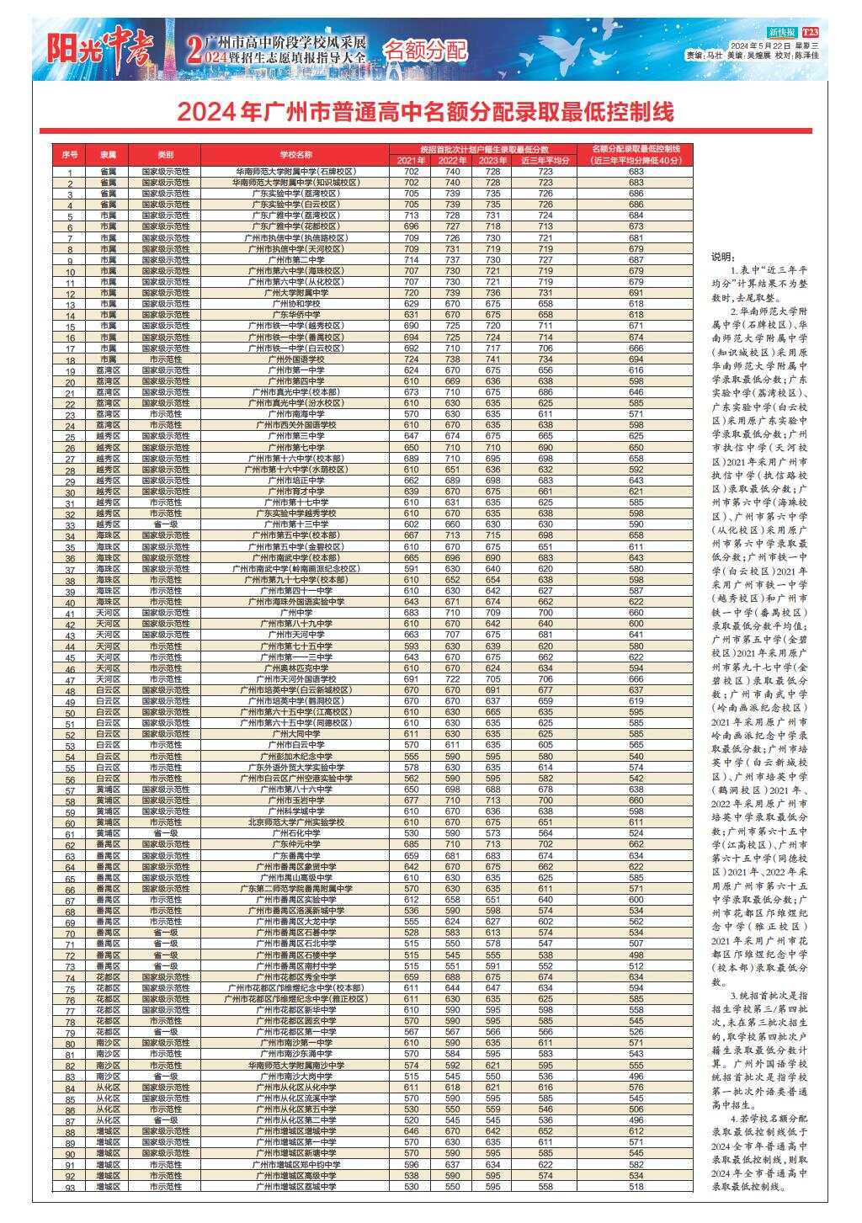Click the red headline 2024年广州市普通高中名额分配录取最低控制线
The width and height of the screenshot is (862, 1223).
point(425,112)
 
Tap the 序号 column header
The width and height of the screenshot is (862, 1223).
point(70,155)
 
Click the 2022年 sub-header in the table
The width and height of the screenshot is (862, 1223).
point(452,160)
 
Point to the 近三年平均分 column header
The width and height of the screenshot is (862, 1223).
point(545,160)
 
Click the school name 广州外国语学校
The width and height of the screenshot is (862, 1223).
point(295,359)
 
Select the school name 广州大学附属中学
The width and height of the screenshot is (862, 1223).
point(295,292)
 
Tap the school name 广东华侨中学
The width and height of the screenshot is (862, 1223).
point(295,314)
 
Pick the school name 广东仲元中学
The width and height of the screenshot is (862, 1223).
point(295,843)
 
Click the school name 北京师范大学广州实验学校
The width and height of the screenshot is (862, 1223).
point(295,822)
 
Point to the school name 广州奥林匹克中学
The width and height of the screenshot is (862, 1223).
point(295,667)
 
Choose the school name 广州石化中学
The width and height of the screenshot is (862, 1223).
point(295,832)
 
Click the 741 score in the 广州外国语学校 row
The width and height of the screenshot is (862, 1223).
point(492,359)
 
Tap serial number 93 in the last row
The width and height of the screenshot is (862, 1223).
point(70,1187)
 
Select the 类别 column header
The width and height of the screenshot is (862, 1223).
point(165,155)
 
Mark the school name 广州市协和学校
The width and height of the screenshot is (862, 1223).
point(295,303)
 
